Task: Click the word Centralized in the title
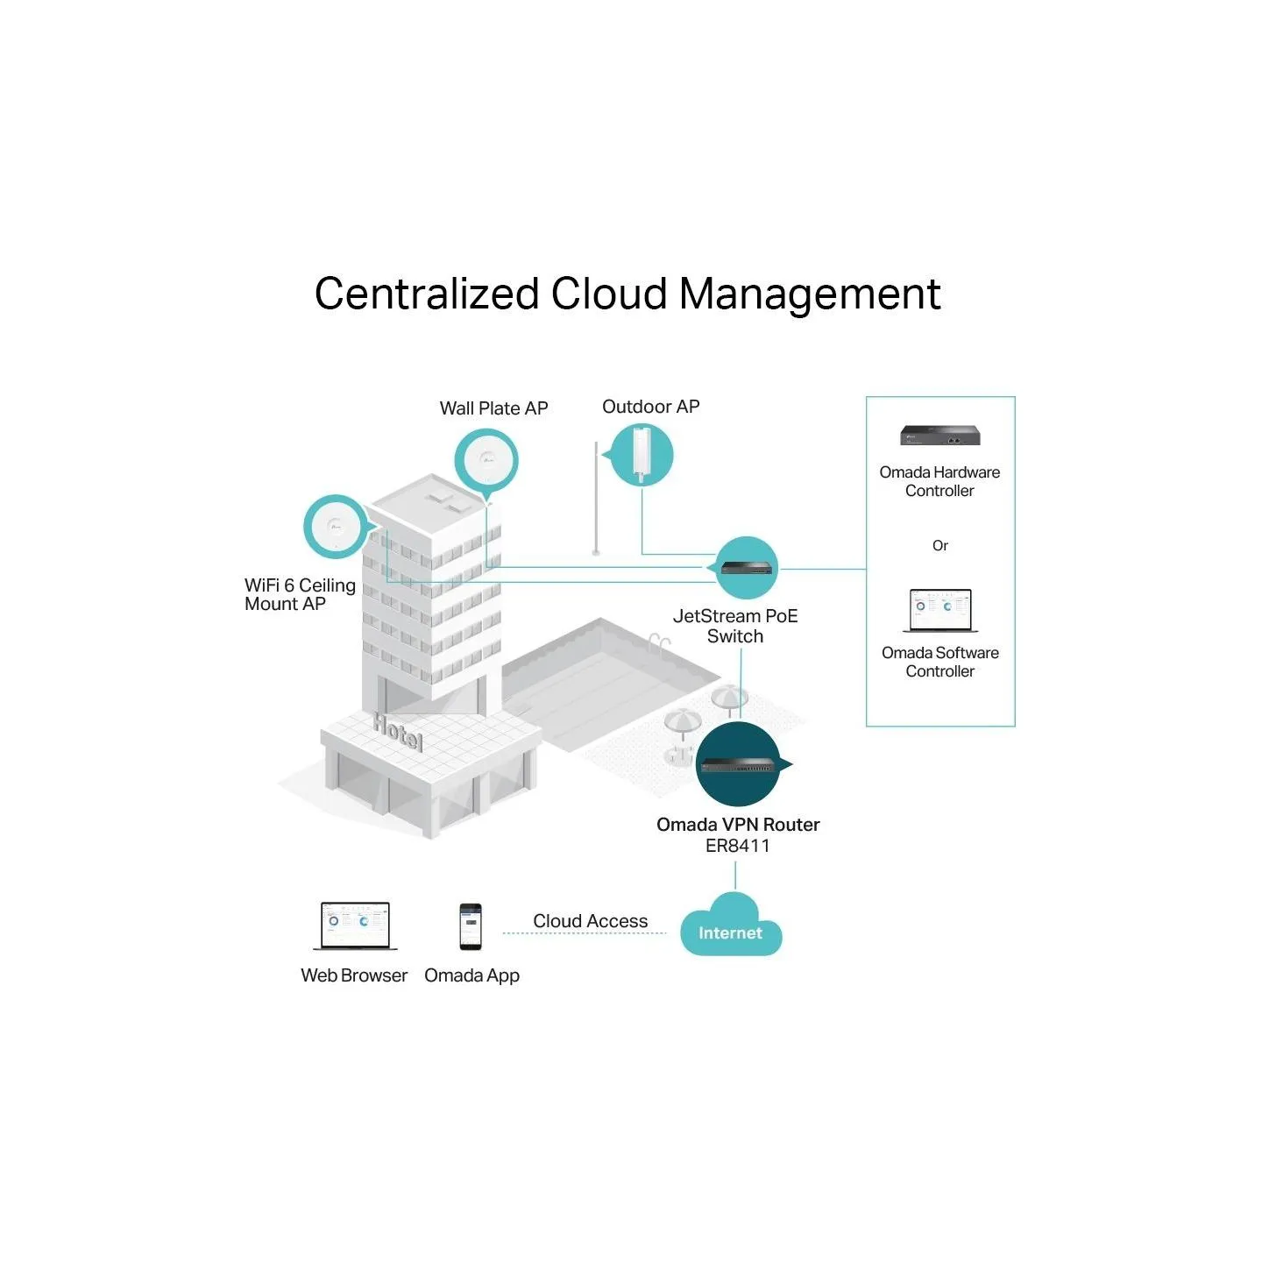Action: tap(426, 294)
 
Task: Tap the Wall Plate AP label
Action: tap(493, 408)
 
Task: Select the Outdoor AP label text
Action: tap(650, 407)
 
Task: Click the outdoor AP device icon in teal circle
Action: tap(640, 455)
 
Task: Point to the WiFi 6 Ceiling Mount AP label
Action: tap(300, 595)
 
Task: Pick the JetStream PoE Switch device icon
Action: tap(746, 568)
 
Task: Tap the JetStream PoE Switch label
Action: tap(735, 626)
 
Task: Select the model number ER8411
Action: tap(737, 846)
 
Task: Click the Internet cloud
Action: tap(731, 925)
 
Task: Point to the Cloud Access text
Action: tap(590, 921)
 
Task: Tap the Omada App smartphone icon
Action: tap(471, 926)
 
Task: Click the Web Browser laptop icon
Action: tap(355, 926)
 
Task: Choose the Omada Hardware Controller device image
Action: tap(939, 436)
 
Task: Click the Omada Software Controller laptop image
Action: tap(940, 610)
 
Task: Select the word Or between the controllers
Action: tap(939, 545)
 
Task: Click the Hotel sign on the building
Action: tap(398, 732)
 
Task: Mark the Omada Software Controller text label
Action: tap(939, 662)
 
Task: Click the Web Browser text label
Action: tap(354, 975)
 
